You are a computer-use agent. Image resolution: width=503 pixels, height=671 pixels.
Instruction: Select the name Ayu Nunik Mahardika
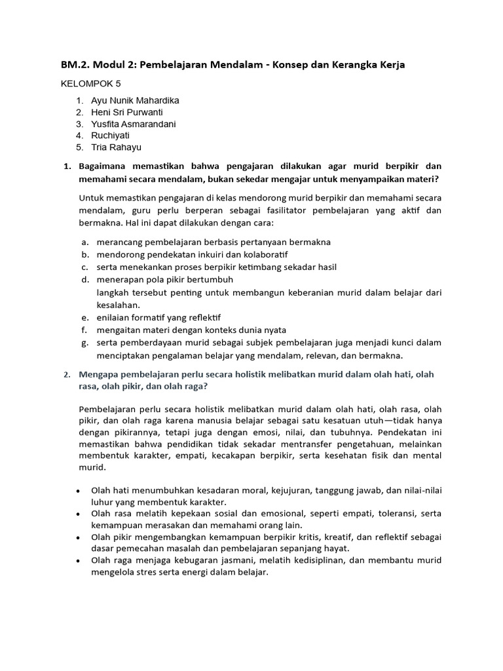pyautogui.click(x=135, y=101)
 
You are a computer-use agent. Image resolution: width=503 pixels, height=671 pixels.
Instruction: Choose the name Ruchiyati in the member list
pyautogui.click(x=110, y=136)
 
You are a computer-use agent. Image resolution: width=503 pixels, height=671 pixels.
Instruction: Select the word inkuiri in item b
pyautogui.click(x=214, y=254)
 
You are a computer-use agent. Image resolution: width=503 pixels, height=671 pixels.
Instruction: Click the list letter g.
pyautogui.click(x=84, y=343)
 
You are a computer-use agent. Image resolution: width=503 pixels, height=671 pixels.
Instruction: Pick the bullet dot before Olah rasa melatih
pyautogui.click(x=79, y=514)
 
